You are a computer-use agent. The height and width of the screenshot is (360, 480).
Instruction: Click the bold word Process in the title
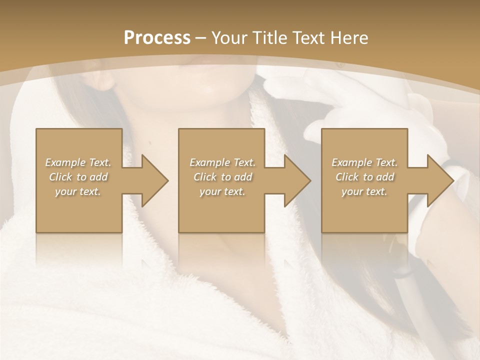click(157, 38)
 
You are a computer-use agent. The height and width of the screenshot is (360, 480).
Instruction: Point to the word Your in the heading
click(228, 38)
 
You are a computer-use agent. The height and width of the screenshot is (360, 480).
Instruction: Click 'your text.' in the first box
click(78, 191)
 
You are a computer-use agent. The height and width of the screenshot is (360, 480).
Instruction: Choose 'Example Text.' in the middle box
click(222, 162)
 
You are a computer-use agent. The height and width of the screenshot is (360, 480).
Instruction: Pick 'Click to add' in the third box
click(364, 177)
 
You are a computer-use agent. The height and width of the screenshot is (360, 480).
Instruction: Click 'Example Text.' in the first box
click(78, 162)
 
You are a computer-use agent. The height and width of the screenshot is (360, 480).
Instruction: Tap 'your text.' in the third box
click(364, 191)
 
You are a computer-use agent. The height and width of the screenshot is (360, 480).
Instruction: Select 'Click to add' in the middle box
click(222, 177)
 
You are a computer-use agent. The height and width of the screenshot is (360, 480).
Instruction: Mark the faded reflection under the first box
click(79, 250)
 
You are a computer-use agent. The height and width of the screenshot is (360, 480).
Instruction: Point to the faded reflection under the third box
click(364, 250)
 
